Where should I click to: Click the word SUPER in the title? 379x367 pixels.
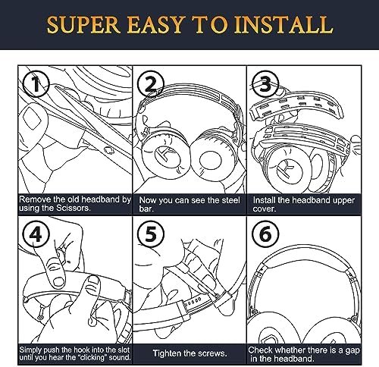89,25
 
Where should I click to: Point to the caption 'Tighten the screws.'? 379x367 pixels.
189,353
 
